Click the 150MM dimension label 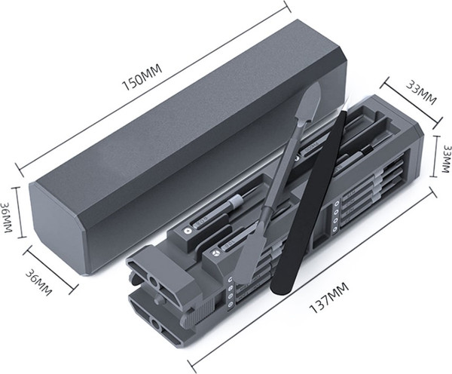click(x=142, y=77)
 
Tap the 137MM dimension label click(x=329, y=298)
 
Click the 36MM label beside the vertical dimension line click(x=6, y=217)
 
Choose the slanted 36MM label click(x=38, y=282)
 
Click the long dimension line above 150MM click(x=154, y=85)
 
